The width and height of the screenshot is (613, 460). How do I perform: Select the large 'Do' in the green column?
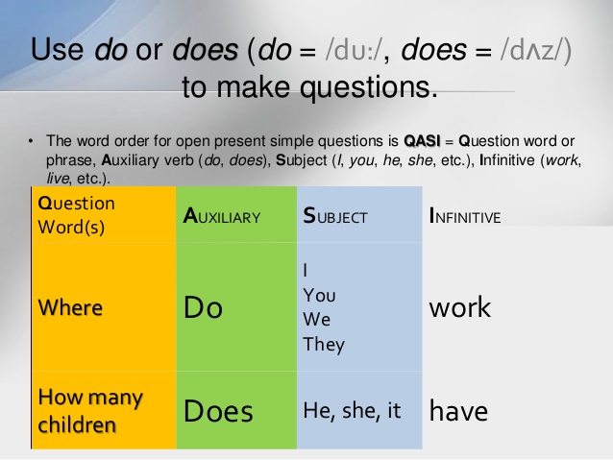(203, 307)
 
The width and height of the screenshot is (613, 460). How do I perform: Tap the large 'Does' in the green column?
(218, 412)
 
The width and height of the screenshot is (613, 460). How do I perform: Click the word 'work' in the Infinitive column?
(459, 307)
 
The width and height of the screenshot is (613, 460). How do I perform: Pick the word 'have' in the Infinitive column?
(458, 412)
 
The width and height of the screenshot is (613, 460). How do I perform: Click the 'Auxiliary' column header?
(222, 217)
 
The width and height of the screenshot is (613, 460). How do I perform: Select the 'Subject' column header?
(335, 217)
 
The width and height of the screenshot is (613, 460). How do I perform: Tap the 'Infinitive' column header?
(465, 217)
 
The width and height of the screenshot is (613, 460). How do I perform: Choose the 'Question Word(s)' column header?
(76, 215)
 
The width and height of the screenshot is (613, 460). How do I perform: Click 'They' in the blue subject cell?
(323, 345)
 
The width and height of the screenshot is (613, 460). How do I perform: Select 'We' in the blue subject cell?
(316, 320)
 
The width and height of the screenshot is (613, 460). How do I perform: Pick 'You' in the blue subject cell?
(319, 295)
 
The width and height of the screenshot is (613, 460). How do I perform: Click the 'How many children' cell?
(89, 410)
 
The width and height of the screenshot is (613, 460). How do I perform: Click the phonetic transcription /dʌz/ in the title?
(530, 51)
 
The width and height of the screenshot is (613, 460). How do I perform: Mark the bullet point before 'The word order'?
(31, 139)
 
